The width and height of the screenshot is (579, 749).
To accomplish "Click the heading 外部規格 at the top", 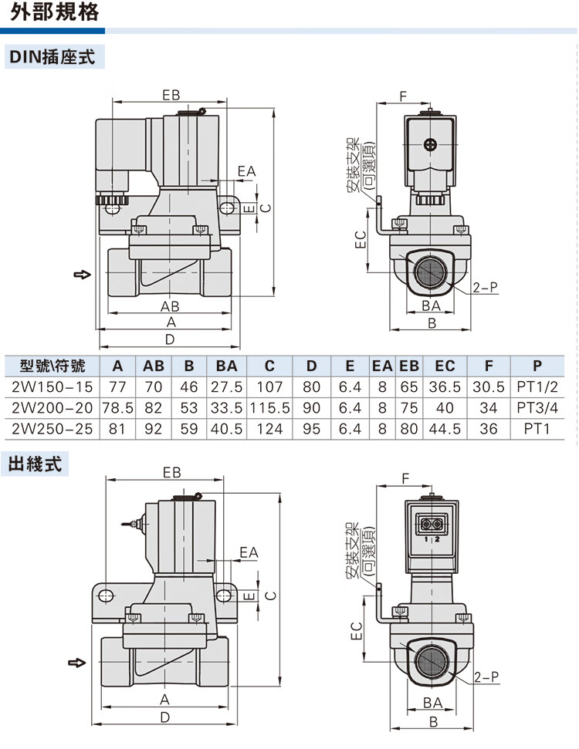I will pyautogui.click(x=49, y=13).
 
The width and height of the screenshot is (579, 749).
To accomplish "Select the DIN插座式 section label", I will pyautogui.click(x=52, y=56).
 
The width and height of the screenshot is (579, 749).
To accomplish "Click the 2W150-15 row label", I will pyautogui.click(x=48, y=386).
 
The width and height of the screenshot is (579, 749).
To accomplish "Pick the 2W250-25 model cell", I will pyautogui.click(x=48, y=427).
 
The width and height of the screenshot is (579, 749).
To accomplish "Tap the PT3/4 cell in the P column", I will pyautogui.click(x=536, y=407).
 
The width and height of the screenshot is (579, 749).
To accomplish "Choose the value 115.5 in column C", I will pyautogui.click(x=269, y=407).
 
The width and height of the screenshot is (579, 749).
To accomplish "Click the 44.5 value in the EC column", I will pyautogui.click(x=445, y=427).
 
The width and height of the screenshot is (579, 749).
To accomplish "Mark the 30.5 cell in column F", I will pyautogui.click(x=489, y=386).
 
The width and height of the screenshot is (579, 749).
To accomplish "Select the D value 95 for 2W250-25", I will pyautogui.click(x=311, y=427).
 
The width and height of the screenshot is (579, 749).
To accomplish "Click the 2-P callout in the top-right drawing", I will pyautogui.click(x=485, y=288).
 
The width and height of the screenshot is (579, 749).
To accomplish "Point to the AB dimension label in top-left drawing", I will pyautogui.click(x=170, y=305).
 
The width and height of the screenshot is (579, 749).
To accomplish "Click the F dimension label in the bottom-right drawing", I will pyautogui.click(x=405, y=478).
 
